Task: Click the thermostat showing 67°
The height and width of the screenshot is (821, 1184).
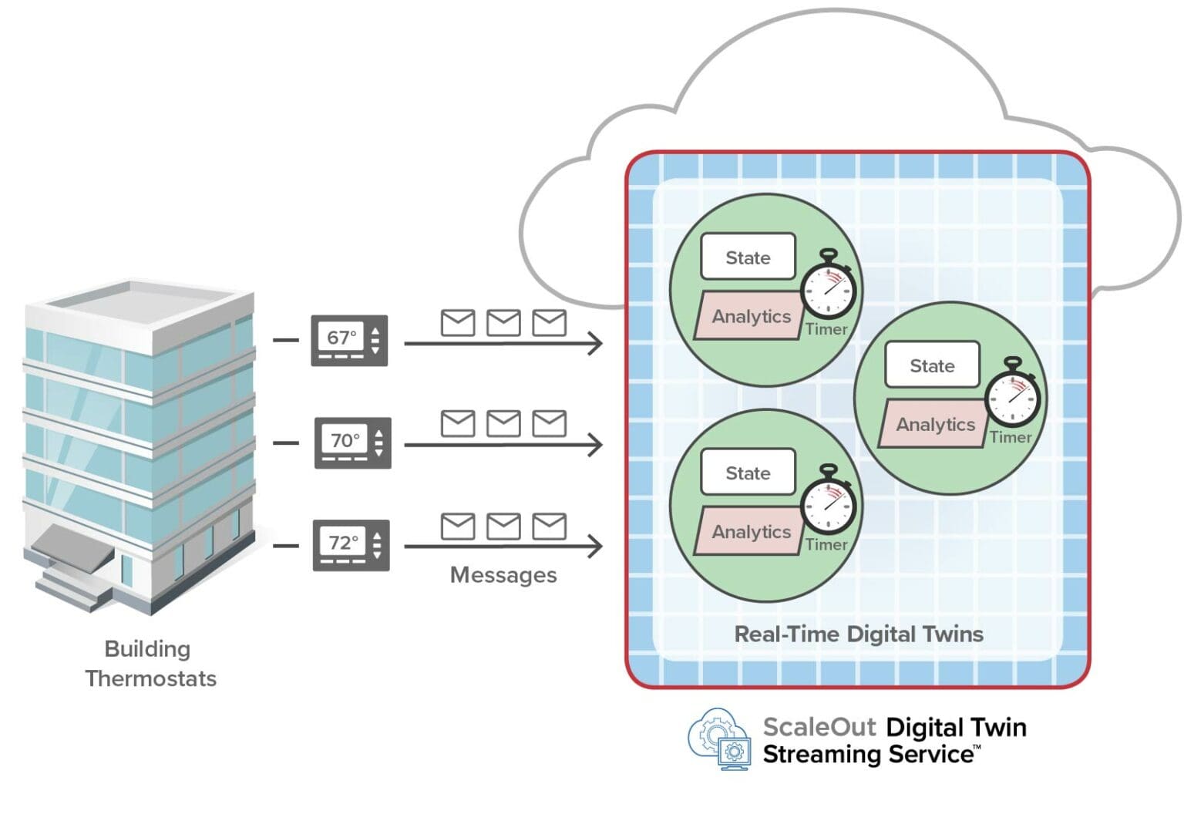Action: click(348, 340)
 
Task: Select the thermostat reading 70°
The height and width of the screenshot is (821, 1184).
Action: click(352, 442)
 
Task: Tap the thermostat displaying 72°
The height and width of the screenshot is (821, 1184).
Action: click(351, 545)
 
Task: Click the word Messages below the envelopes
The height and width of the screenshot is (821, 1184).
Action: click(503, 575)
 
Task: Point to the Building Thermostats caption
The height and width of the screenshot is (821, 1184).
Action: click(150, 664)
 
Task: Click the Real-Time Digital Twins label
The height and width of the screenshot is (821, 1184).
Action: click(858, 634)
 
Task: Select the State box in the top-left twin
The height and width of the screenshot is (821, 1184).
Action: click(748, 257)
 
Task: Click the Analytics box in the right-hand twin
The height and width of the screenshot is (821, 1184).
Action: click(934, 425)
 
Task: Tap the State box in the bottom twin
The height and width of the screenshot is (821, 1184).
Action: click(748, 473)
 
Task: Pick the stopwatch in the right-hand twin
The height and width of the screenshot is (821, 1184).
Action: click(1013, 396)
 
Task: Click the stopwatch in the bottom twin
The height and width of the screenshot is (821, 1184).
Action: click(829, 504)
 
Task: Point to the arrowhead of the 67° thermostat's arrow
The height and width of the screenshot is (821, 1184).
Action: click(595, 343)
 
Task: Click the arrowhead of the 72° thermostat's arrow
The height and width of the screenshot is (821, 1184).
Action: click(595, 547)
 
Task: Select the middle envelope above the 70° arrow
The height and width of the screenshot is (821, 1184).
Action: click(503, 423)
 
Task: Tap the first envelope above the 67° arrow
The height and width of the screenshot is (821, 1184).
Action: click(457, 322)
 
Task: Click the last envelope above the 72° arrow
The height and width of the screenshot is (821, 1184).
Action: click(549, 527)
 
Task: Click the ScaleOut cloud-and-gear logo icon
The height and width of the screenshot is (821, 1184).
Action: click(719, 739)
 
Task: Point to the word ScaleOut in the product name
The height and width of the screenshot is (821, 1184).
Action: click(819, 727)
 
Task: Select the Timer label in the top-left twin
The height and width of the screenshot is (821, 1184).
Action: click(826, 329)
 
